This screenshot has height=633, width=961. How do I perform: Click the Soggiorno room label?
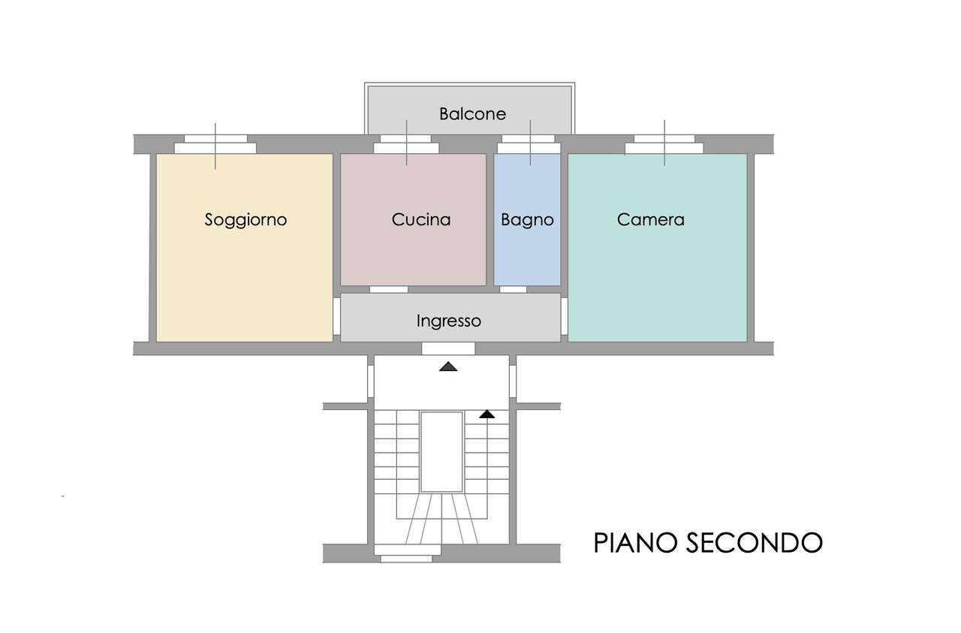[x=246, y=220]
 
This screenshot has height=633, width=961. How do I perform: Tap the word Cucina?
[x=421, y=220]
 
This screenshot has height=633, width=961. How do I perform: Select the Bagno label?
[x=527, y=220]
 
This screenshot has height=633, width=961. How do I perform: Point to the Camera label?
[x=650, y=220]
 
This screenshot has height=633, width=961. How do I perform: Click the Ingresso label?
[x=449, y=321]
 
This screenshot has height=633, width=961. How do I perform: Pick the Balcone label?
[x=472, y=113]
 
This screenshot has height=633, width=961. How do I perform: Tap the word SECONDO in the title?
[x=755, y=543]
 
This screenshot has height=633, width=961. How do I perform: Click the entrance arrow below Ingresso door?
[x=448, y=366]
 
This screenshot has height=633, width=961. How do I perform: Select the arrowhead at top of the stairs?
[x=487, y=414]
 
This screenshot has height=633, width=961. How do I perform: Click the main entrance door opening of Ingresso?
[x=448, y=348]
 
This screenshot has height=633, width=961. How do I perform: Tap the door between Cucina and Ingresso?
[x=389, y=289]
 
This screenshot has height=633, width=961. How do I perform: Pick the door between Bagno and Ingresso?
[x=513, y=289]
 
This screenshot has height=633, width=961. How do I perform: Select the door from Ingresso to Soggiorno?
[x=337, y=316]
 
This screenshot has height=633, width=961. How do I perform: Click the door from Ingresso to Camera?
[x=564, y=316]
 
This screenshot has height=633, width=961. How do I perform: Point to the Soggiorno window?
[x=215, y=144]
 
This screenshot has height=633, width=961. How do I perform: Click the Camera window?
[x=664, y=144]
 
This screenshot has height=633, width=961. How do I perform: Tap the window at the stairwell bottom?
[x=406, y=553]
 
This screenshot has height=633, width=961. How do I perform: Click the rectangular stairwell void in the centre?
[x=441, y=452]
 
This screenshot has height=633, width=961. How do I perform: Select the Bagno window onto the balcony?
[x=529, y=144]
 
